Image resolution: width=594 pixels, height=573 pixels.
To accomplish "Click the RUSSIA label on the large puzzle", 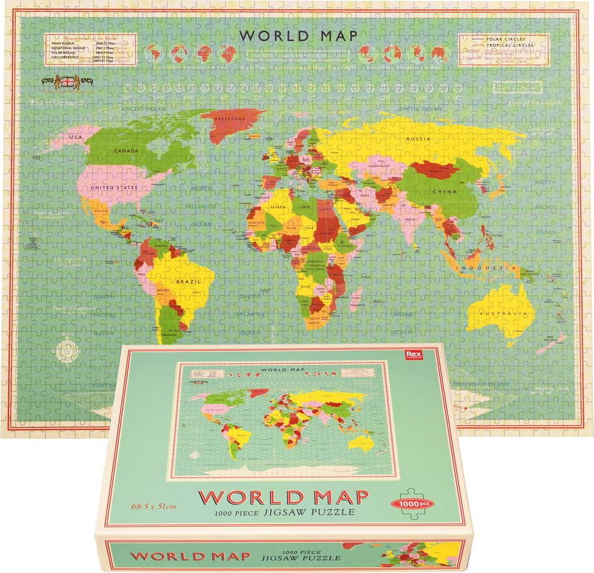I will click(418, 139).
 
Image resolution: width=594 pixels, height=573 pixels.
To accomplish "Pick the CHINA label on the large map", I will click(443, 192).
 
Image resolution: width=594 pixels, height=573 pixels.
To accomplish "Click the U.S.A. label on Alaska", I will click(77, 137).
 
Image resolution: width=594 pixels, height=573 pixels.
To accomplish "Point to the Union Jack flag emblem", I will click(67, 82).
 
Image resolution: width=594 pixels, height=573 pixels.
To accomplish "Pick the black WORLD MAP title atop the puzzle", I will click(298, 35).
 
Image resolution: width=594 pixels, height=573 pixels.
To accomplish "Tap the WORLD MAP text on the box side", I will click(189, 557).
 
